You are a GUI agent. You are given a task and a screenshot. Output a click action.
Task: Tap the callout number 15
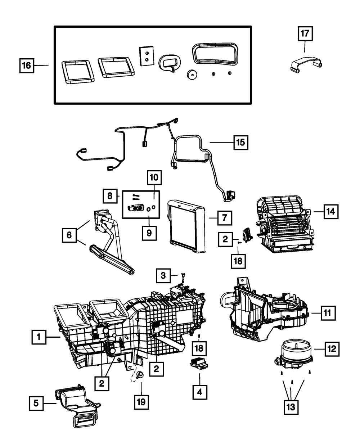240,143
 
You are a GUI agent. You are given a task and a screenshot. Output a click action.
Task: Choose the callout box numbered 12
331,348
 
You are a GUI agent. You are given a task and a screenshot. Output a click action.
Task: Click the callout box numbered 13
291,407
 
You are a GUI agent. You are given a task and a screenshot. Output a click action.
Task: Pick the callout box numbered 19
141,401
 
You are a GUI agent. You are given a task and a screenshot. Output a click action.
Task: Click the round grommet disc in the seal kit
193,75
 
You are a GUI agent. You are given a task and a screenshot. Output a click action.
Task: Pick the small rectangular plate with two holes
146,56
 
